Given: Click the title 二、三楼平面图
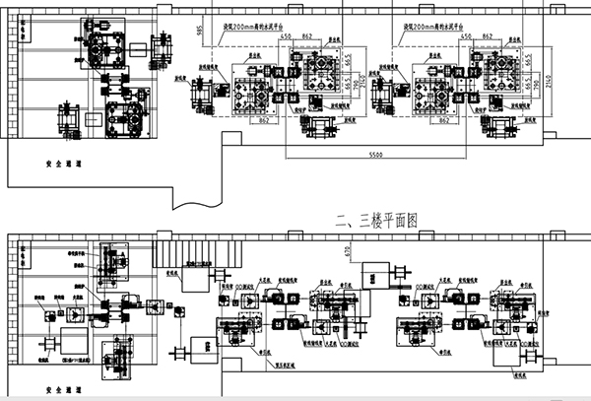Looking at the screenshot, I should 377,221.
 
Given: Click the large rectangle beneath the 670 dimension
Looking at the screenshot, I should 375,275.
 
